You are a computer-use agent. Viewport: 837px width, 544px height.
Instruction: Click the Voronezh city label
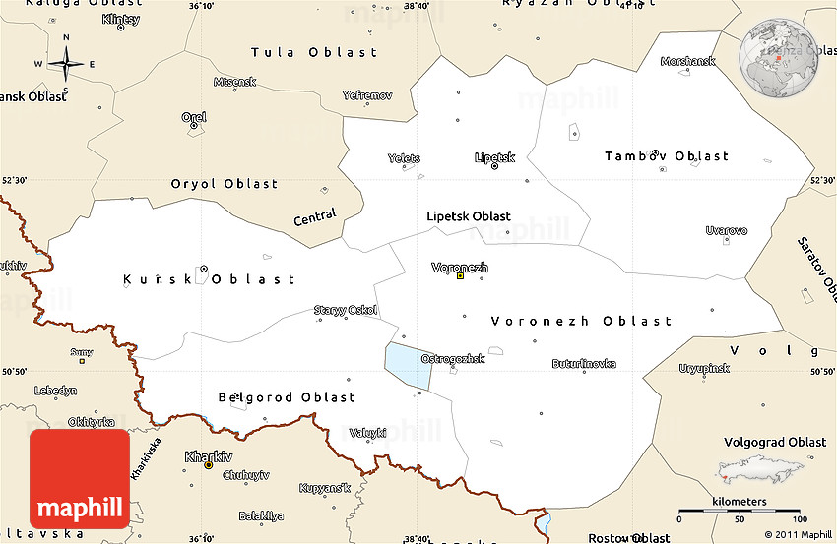(x=460, y=267)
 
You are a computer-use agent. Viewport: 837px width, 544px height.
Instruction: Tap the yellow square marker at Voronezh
(x=460, y=276)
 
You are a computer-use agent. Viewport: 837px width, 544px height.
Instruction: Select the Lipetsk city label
(x=494, y=156)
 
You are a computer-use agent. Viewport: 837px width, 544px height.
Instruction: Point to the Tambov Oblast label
(x=667, y=156)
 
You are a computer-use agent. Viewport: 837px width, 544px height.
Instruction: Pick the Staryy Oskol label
(x=346, y=311)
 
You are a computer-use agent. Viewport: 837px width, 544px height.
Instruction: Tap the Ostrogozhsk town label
(x=453, y=359)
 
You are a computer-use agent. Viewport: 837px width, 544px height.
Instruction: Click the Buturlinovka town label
(x=584, y=363)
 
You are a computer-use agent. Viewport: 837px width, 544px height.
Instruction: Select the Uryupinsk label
(x=704, y=368)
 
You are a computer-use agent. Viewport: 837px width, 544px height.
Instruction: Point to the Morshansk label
(x=687, y=61)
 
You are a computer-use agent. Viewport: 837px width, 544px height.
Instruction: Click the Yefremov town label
(x=367, y=95)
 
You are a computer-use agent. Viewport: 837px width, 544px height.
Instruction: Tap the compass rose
(x=66, y=64)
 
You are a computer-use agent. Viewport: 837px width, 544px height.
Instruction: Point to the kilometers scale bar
(x=740, y=513)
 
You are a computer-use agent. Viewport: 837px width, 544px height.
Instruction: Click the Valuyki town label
(x=368, y=433)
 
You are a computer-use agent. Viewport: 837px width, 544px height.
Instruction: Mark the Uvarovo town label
(x=727, y=230)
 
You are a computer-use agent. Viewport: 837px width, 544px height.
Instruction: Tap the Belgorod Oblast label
(x=287, y=397)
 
